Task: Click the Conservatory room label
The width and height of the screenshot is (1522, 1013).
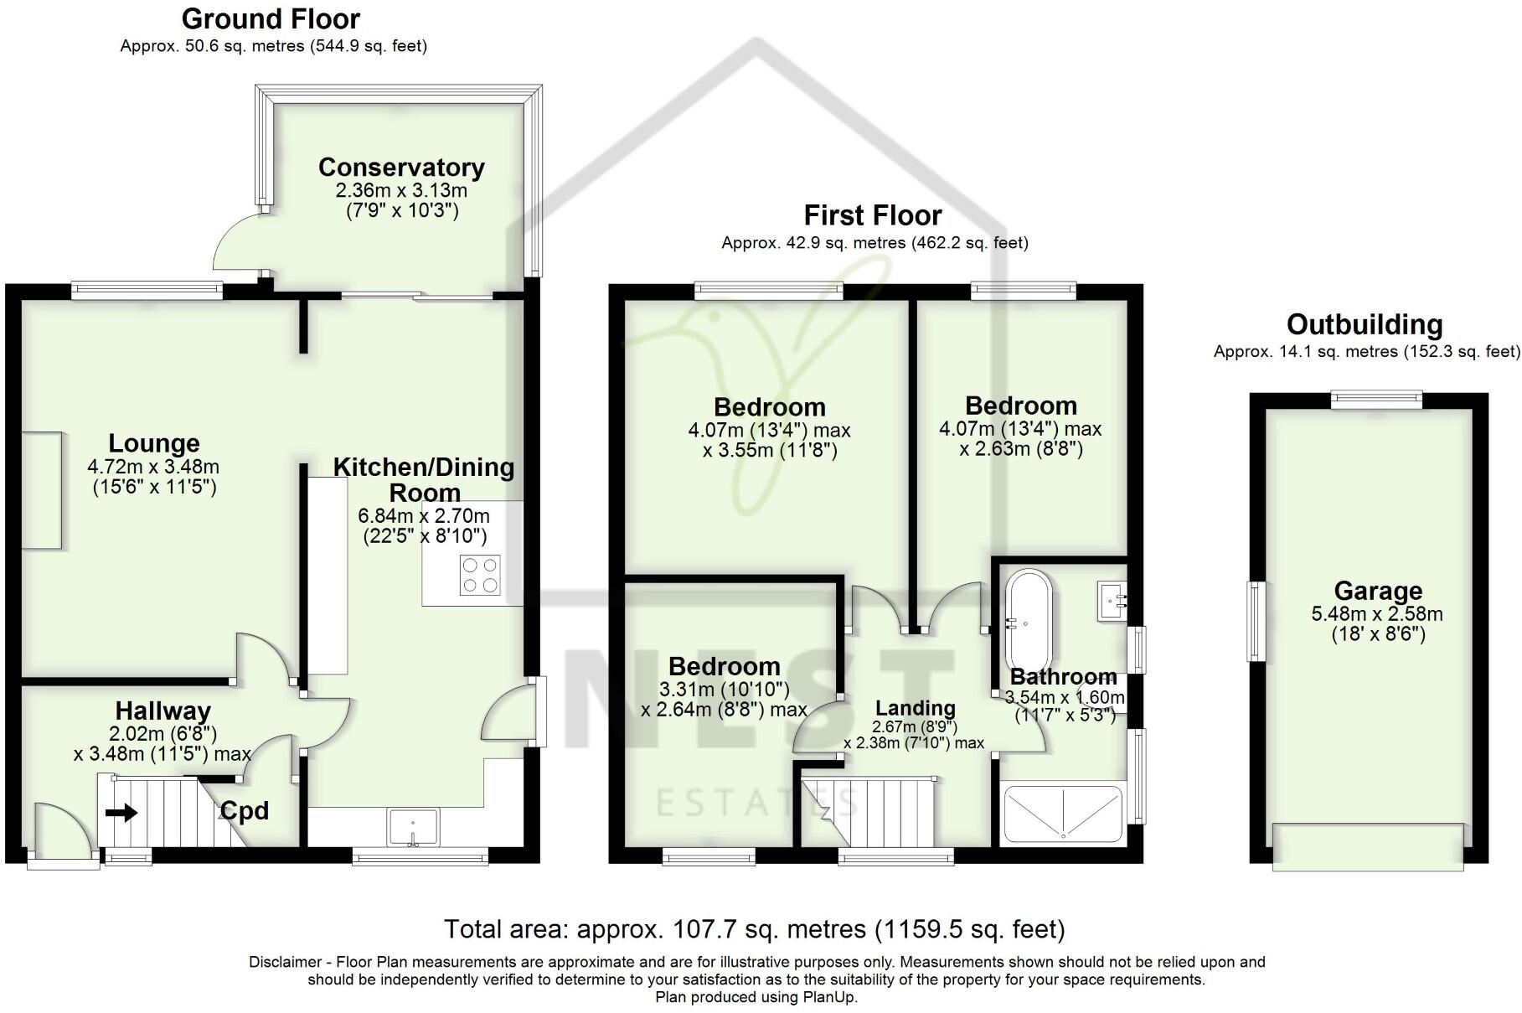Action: pyautogui.click(x=401, y=168)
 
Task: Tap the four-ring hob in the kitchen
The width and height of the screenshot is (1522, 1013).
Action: pyautogui.click(x=481, y=576)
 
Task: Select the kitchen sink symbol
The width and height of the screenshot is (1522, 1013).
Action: pyautogui.click(x=413, y=827)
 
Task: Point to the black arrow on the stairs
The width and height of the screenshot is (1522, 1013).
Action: pyautogui.click(x=121, y=813)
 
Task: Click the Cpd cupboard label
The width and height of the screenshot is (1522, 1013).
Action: pyautogui.click(x=244, y=811)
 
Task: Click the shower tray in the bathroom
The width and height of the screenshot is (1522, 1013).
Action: pyautogui.click(x=1063, y=813)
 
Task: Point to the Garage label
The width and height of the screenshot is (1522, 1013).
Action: pyautogui.click(x=1378, y=591)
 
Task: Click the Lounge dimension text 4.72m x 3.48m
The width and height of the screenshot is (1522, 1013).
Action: pyautogui.click(x=153, y=466)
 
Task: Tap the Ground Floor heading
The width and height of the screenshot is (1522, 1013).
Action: pyautogui.click(x=271, y=18)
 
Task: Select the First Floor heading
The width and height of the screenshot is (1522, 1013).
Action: pyautogui.click(x=873, y=215)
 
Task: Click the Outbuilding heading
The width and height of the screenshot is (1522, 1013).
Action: pyautogui.click(x=1365, y=324)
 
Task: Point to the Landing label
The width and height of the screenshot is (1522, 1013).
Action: pyautogui.click(x=916, y=709)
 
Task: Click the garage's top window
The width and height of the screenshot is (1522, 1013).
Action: pyautogui.click(x=1377, y=400)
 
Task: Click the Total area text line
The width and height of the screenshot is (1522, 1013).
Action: pyautogui.click(x=754, y=929)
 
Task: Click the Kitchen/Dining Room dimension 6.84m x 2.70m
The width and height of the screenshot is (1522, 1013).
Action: pyautogui.click(x=424, y=515)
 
